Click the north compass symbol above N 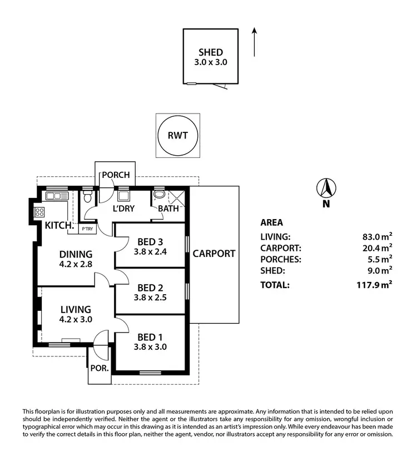click(x=325, y=189)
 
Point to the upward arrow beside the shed click(x=254, y=42)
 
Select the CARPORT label click(x=214, y=254)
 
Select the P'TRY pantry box click(x=87, y=229)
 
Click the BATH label click(x=168, y=209)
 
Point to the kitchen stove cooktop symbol click(x=40, y=211)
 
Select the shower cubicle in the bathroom click(x=178, y=196)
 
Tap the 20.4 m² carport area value click(x=377, y=248)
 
